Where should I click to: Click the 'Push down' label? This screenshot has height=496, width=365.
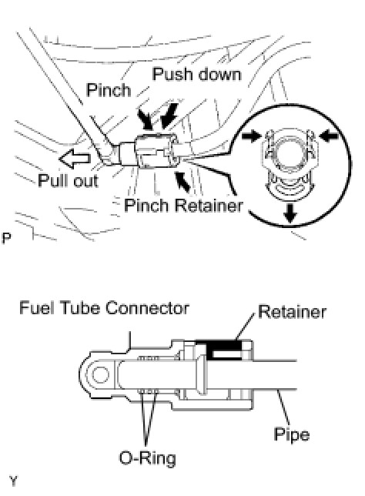pos(196,75)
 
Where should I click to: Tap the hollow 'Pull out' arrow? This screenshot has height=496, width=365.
pos(75,158)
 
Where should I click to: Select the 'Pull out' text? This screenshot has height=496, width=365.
pos(68,181)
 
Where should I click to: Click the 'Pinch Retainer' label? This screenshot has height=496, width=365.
pos(183,205)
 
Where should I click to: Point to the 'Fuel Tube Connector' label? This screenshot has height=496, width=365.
pos(105,308)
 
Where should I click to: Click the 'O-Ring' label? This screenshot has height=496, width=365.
pos(147,458)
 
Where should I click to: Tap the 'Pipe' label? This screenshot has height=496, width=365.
pos(291,434)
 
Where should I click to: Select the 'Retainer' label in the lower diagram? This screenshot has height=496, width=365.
pos(292,312)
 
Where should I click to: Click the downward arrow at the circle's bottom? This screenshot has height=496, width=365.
pos(290,213)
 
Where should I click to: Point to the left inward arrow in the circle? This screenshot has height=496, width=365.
pos(252,136)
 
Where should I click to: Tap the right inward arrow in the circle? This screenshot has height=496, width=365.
pos(329,136)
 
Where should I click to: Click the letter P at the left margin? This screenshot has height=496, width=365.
pos(6,238)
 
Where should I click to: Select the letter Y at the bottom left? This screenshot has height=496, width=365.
pos(14,481)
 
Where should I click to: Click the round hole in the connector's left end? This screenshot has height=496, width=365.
pos(100,374)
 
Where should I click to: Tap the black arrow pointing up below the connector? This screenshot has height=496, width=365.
pos(182,181)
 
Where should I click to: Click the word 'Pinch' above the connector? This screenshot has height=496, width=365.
pos(109,90)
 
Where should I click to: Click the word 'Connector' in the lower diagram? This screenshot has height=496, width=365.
pos(147,308)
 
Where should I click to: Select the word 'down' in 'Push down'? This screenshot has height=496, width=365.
pos(219,75)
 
